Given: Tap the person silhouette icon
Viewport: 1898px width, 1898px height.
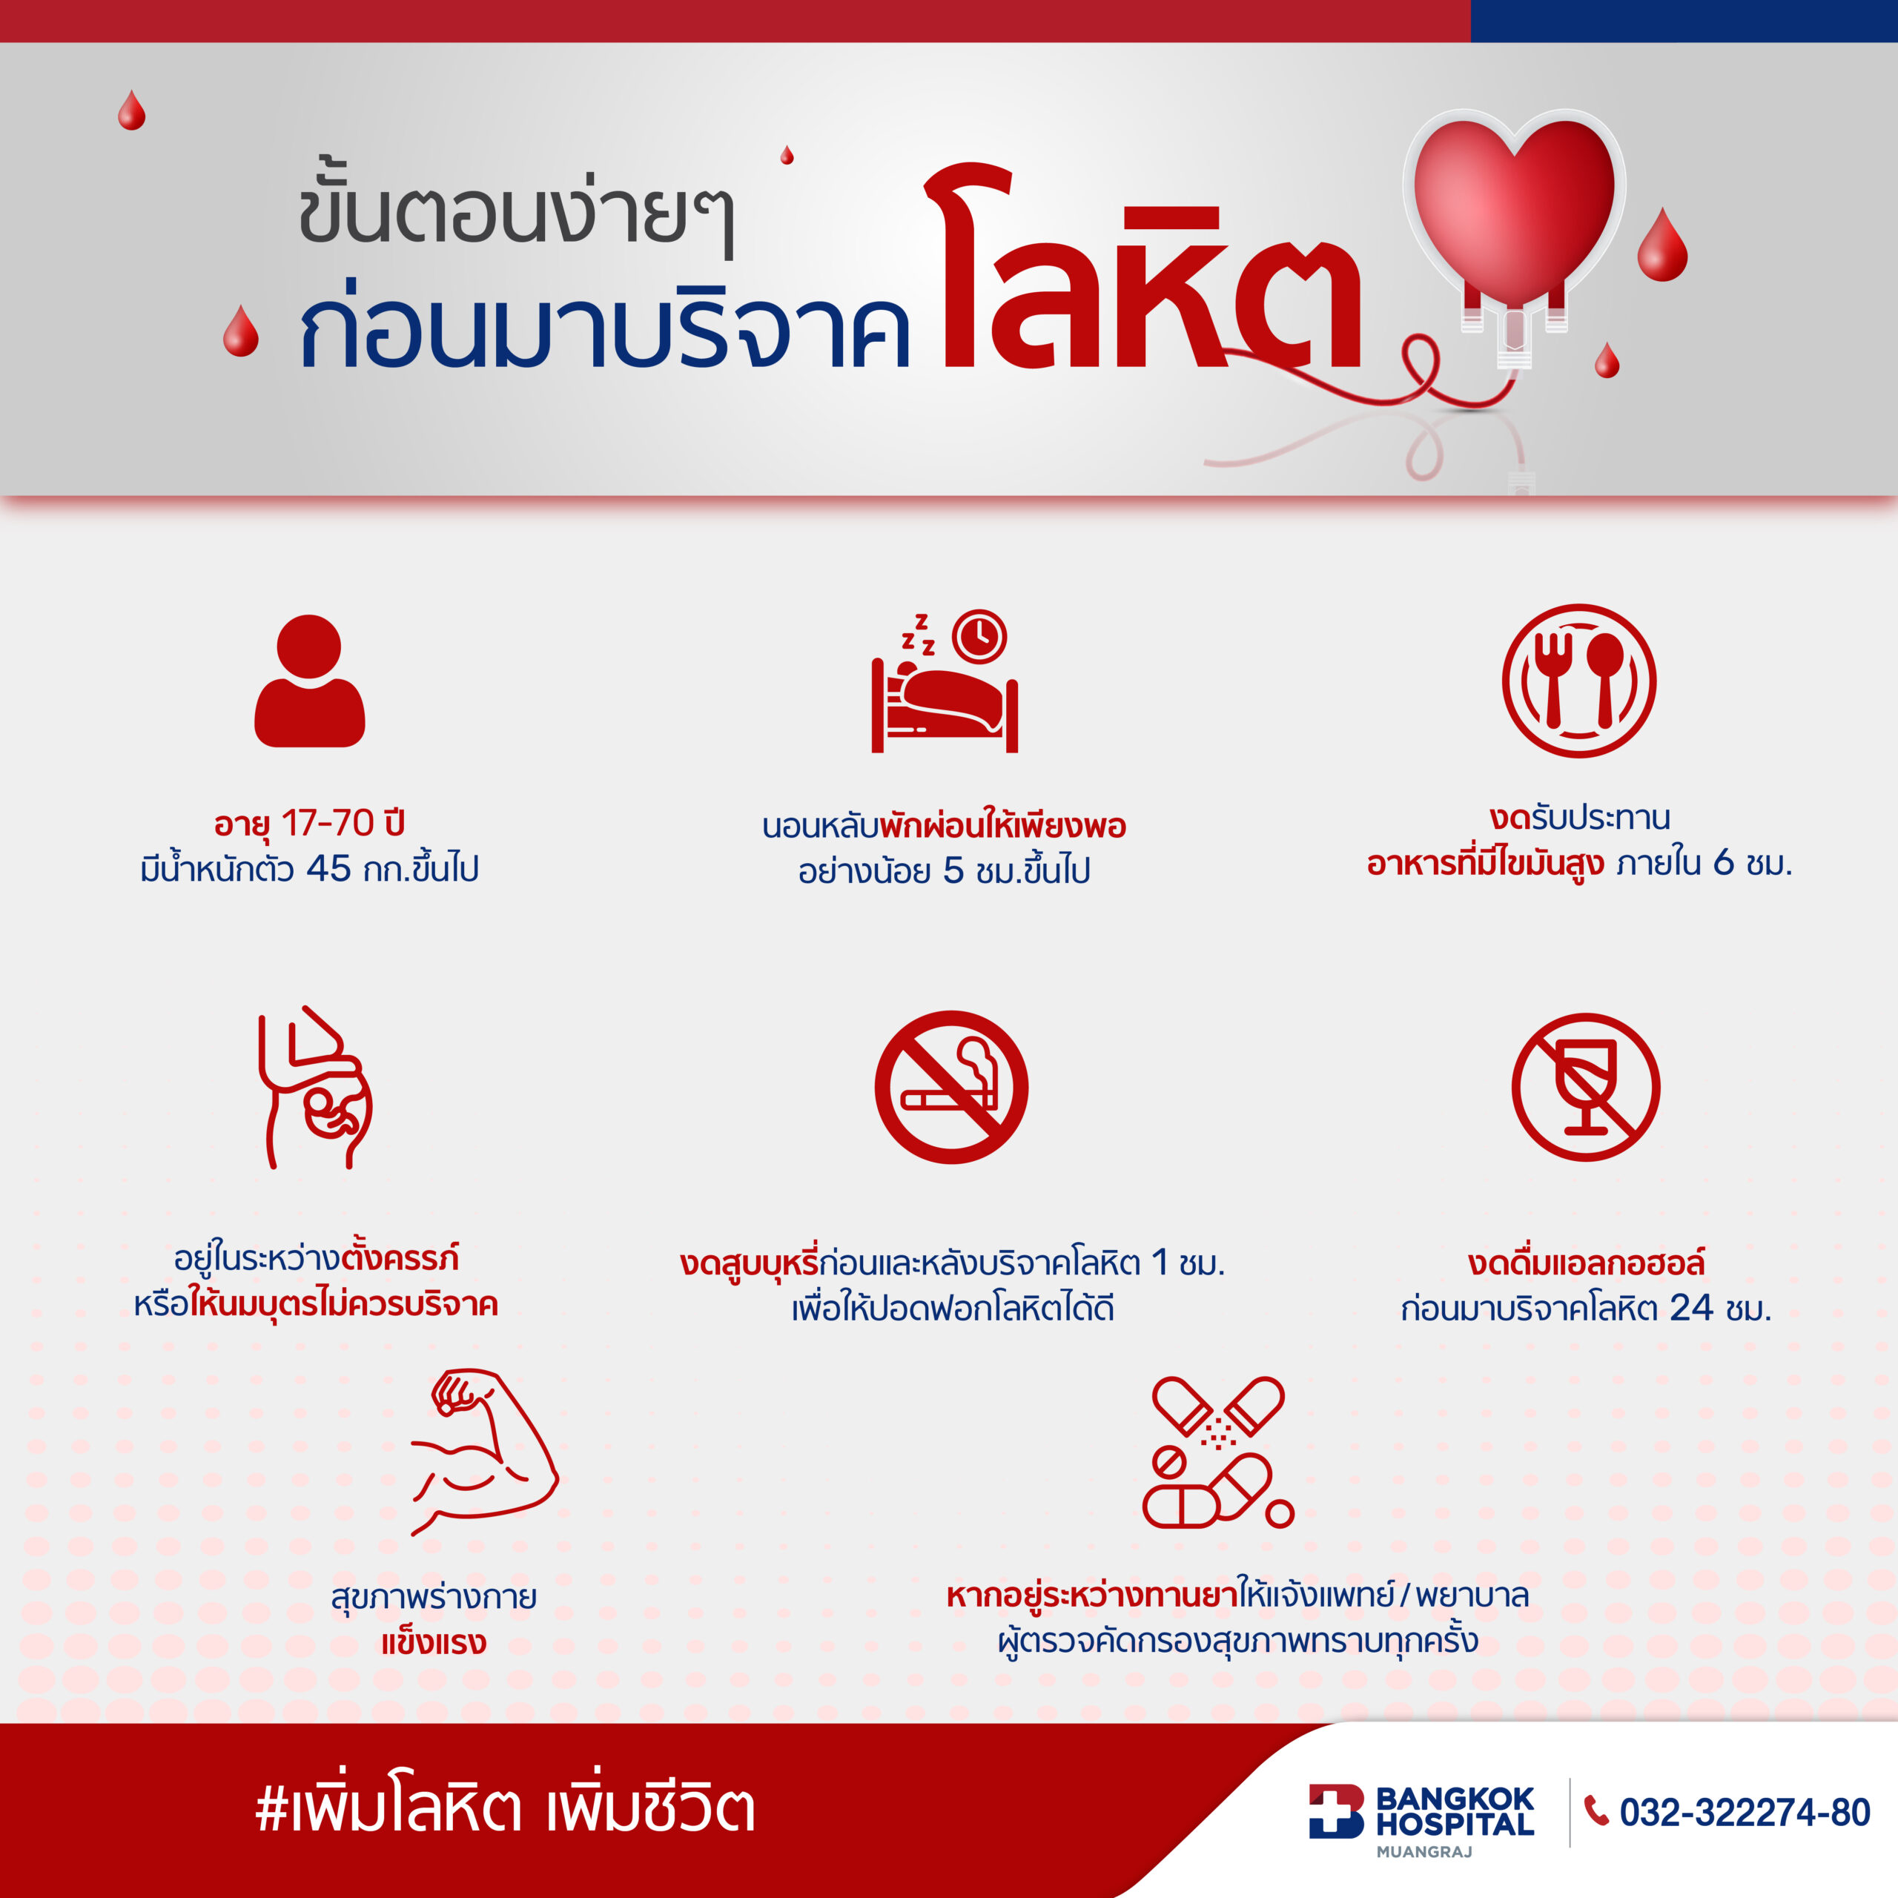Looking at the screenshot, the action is [x=309, y=681].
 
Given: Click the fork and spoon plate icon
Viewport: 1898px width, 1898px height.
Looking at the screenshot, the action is [x=1578, y=681].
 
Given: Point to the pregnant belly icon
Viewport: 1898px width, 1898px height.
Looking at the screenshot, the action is [x=314, y=1087].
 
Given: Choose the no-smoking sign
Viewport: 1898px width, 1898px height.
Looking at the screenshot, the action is [x=951, y=1087].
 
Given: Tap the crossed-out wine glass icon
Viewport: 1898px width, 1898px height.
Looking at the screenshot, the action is [x=1586, y=1087].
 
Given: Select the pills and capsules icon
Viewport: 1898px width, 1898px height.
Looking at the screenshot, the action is [x=1218, y=1453].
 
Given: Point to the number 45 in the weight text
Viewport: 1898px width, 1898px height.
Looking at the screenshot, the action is [x=328, y=868].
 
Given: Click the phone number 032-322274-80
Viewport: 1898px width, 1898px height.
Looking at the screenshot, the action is [x=1745, y=1813].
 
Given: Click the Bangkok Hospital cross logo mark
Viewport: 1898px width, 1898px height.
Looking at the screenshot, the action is [x=1336, y=1811].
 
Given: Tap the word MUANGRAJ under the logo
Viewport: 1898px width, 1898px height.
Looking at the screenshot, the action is [x=1424, y=1852].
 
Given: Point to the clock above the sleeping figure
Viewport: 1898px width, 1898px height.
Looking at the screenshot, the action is [x=980, y=637].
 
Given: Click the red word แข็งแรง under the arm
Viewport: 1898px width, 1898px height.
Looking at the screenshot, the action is [x=433, y=1642].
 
